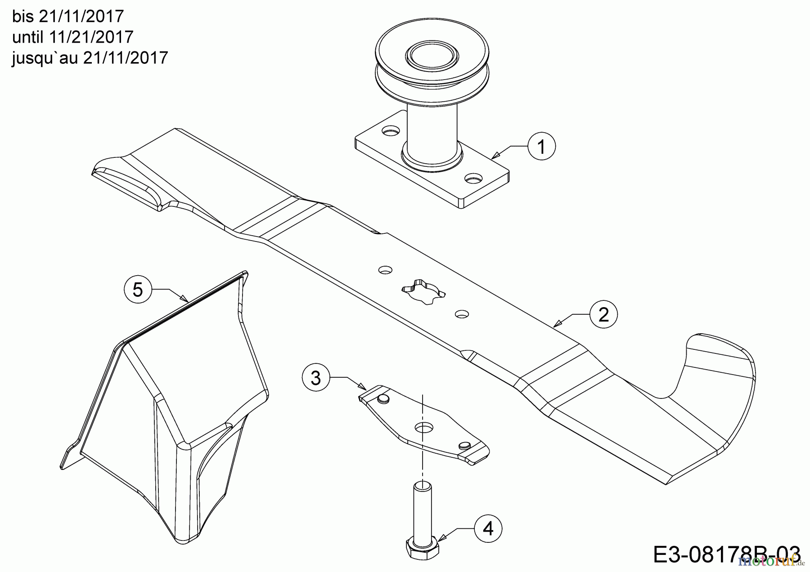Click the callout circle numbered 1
click(542, 147)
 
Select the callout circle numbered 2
click(603, 314)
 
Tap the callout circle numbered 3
click(316, 378)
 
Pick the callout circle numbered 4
click(488, 528)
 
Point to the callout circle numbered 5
click(138, 289)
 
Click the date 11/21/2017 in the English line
click(92, 37)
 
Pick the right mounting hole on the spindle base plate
click(473, 179)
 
